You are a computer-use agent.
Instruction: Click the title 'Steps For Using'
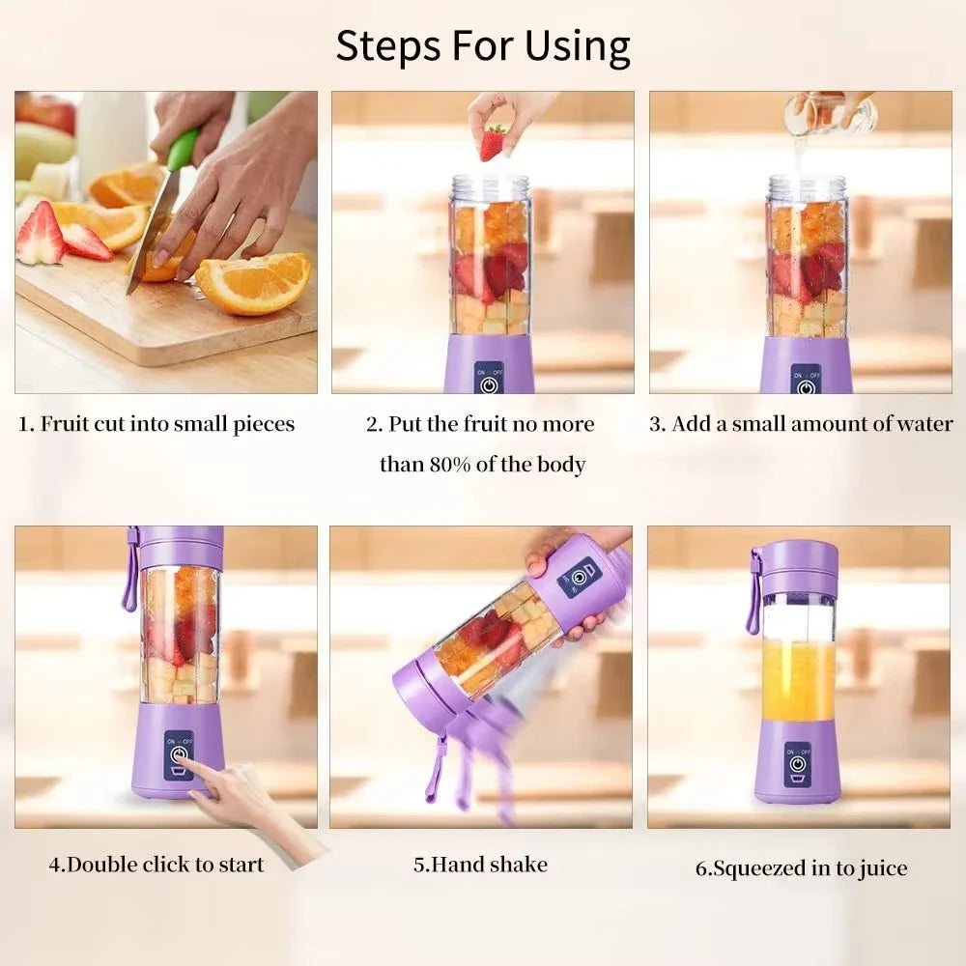pyautogui.click(x=483, y=45)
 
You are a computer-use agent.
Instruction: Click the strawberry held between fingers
pyautogui.click(x=493, y=143)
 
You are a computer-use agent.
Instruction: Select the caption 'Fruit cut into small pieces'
pyautogui.click(x=156, y=424)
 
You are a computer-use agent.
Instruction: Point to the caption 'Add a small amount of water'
pyautogui.click(x=801, y=424)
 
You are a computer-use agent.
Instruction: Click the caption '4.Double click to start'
pyautogui.click(x=156, y=864)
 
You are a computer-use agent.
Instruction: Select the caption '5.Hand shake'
pyautogui.click(x=480, y=864)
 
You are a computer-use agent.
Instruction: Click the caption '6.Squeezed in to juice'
pyautogui.click(x=801, y=868)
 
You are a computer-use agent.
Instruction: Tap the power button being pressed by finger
pyautogui.click(x=178, y=753)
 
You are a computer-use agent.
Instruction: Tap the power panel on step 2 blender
pyautogui.click(x=489, y=379)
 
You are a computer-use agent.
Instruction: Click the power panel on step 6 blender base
pyautogui.click(x=798, y=759)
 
